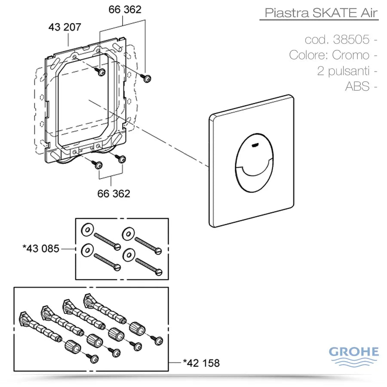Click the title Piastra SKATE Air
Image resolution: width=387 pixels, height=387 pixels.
(x=320, y=12)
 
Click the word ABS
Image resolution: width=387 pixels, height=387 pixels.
(x=357, y=86)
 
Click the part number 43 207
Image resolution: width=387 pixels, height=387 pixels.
(x=64, y=28)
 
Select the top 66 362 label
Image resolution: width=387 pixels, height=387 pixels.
(x=125, y=9)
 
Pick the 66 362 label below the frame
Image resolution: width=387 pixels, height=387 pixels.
(x=114, y=193)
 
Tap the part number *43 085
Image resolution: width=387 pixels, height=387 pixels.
(x=41, y=248)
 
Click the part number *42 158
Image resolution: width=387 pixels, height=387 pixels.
(x=201, y=363)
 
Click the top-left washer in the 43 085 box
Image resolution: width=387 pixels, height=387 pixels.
(x=87, y=229)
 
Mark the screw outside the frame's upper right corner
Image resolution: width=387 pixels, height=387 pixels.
(x=147, y=77)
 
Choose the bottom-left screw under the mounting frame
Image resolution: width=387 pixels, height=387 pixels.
(x=98, y=165)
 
